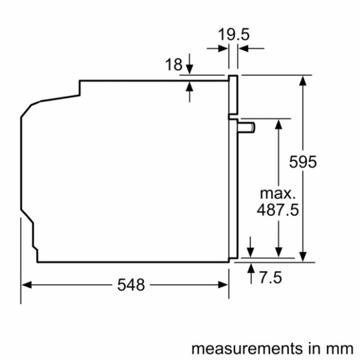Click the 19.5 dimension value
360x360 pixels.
click(233, 34)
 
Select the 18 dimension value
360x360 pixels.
click(174, 65)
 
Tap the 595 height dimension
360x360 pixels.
click(304, 162)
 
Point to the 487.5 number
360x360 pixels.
click(278, 210)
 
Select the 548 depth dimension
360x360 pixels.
click(131, 285)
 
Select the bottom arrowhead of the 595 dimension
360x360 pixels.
click(304, 256)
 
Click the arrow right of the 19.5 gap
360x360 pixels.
click(245, 47)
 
